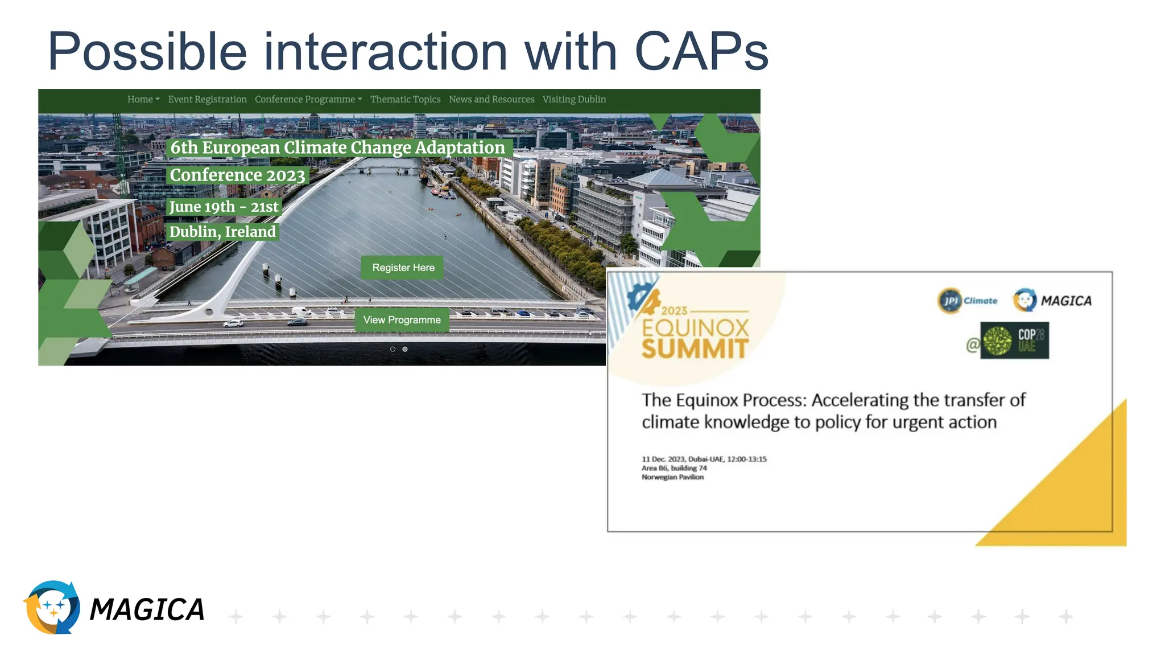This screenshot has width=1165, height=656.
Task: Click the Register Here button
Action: coord(403,268)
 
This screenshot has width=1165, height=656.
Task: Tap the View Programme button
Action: coord(402,320)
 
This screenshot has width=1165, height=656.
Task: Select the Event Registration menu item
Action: coord(207,99)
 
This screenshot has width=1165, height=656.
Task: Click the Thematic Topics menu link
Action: coord(405,99)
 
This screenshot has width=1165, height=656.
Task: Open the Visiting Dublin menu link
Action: coord(573,99)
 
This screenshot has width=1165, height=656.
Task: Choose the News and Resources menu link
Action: coord(491,99)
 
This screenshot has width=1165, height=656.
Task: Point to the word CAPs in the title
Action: coord(701,51)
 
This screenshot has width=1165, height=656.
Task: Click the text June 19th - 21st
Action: coord(224,206)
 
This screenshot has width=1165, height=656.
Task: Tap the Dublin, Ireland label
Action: coord(222,232)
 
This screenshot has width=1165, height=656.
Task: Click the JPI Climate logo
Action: coord(967,301)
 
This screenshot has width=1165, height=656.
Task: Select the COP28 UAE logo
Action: coord(1015,341)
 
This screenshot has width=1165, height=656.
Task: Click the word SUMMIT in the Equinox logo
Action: coord(695,348)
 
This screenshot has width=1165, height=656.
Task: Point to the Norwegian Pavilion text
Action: coord(672,477)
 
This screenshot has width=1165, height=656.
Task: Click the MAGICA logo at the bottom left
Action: coord(114,608)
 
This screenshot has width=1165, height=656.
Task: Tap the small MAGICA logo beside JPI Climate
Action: coord(1052,301)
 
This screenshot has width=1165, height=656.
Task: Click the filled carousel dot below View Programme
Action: coord(405,349)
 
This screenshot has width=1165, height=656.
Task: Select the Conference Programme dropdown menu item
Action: coord(308,99)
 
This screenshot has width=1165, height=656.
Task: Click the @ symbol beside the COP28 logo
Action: coord(973,345)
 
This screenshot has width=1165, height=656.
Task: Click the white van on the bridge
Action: coord(301,311)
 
